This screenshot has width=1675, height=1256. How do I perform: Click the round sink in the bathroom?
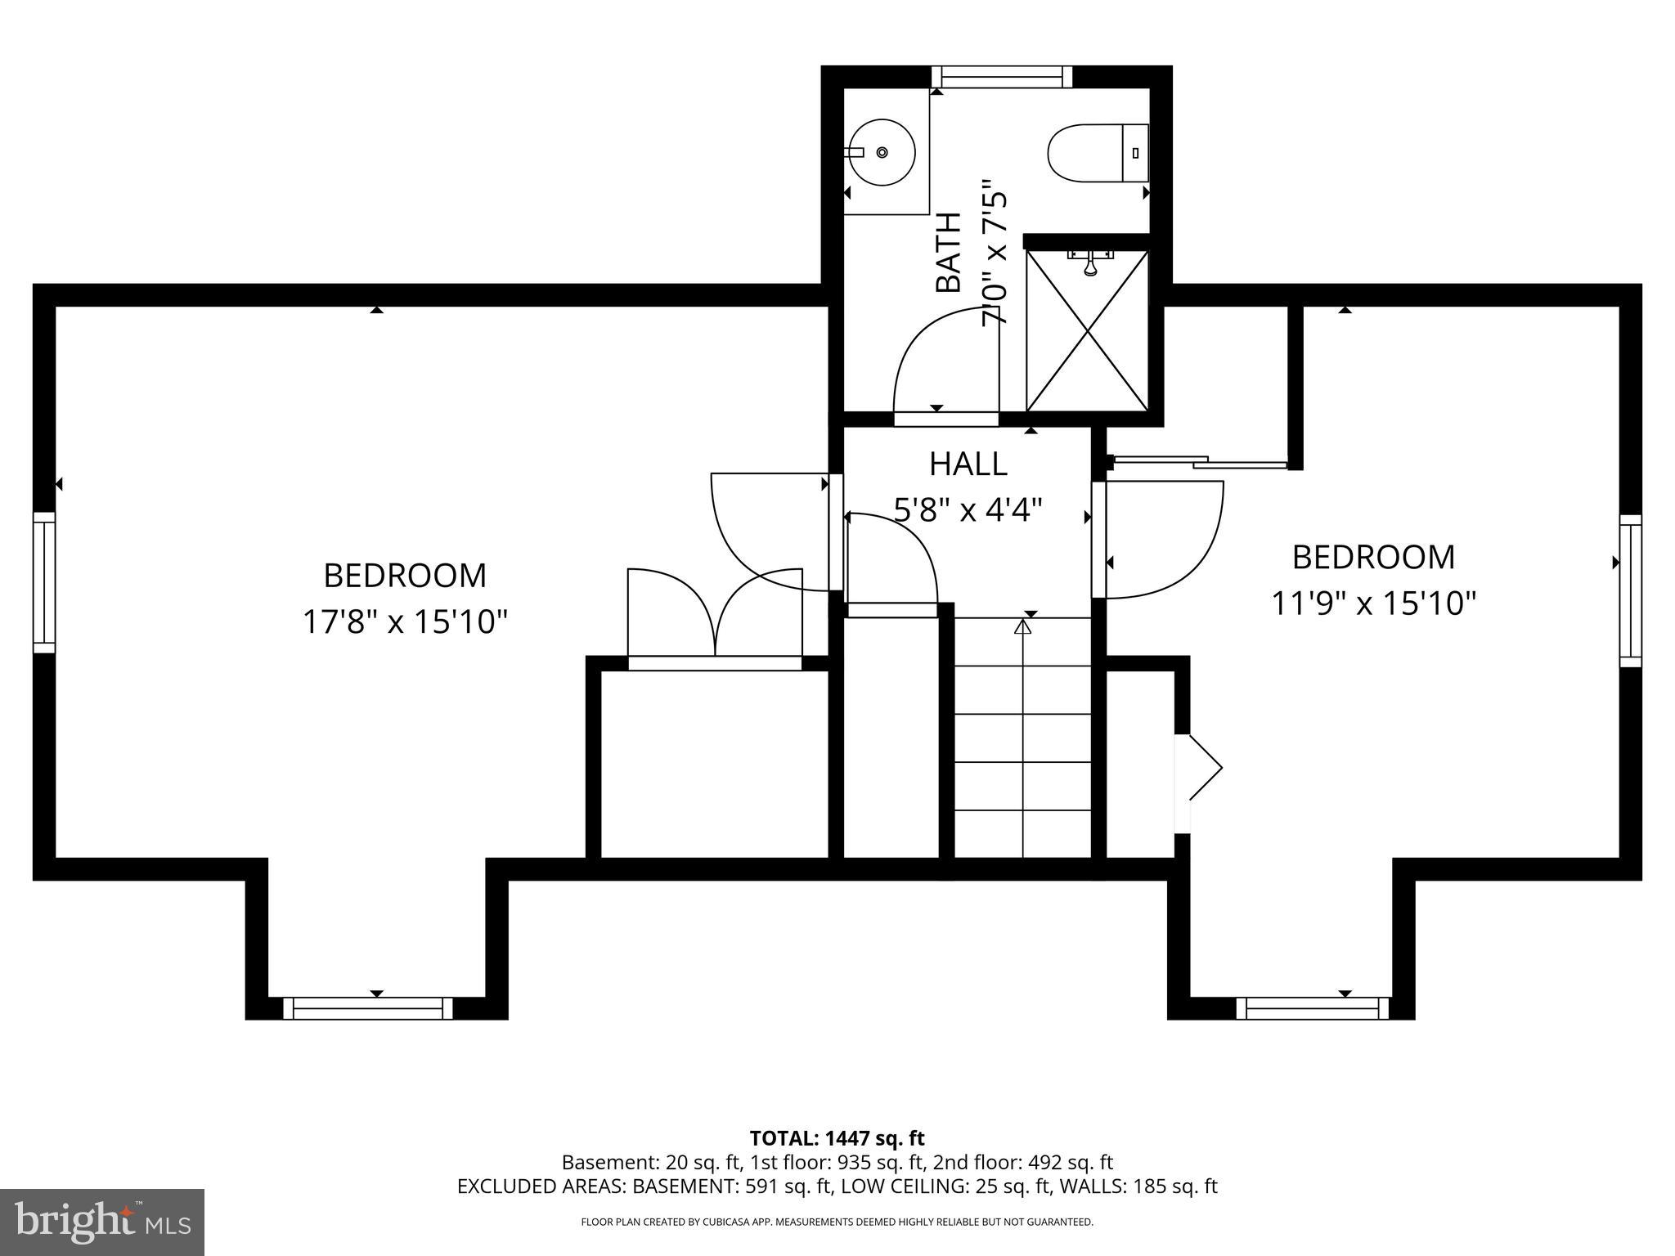[x=881, y=152]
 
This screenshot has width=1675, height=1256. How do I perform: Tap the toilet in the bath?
[x=1096, y=153]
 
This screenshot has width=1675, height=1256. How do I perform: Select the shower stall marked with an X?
[x=1088, y=331]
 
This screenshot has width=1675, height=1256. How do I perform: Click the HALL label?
[x=968, y=464]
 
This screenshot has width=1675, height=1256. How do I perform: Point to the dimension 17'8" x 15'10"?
[x=405, y=621]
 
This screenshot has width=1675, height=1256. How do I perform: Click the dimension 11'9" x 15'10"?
[x=1373, y=603]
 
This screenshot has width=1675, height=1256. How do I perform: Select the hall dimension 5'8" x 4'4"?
[x=968, y=511]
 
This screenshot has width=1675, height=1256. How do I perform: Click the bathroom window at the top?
[x=1001, y=78]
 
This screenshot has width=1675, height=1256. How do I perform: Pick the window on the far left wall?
[x=44, y=582]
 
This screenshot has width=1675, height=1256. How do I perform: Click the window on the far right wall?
[x=1630, y=590]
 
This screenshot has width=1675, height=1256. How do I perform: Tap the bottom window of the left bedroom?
[x=368, y=1008]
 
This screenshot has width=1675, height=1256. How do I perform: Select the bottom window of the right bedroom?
[x=1312, y=1008]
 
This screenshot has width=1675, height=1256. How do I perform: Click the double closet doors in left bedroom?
[x=716, y=613]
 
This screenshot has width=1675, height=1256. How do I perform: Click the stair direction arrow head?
[x=1022, y=626]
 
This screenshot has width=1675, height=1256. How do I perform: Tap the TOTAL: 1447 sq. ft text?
[x=837, y=1138]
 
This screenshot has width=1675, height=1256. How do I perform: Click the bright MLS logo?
[x=101, y=1222]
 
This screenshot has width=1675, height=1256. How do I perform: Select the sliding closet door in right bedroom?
[x=1199, y=463]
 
